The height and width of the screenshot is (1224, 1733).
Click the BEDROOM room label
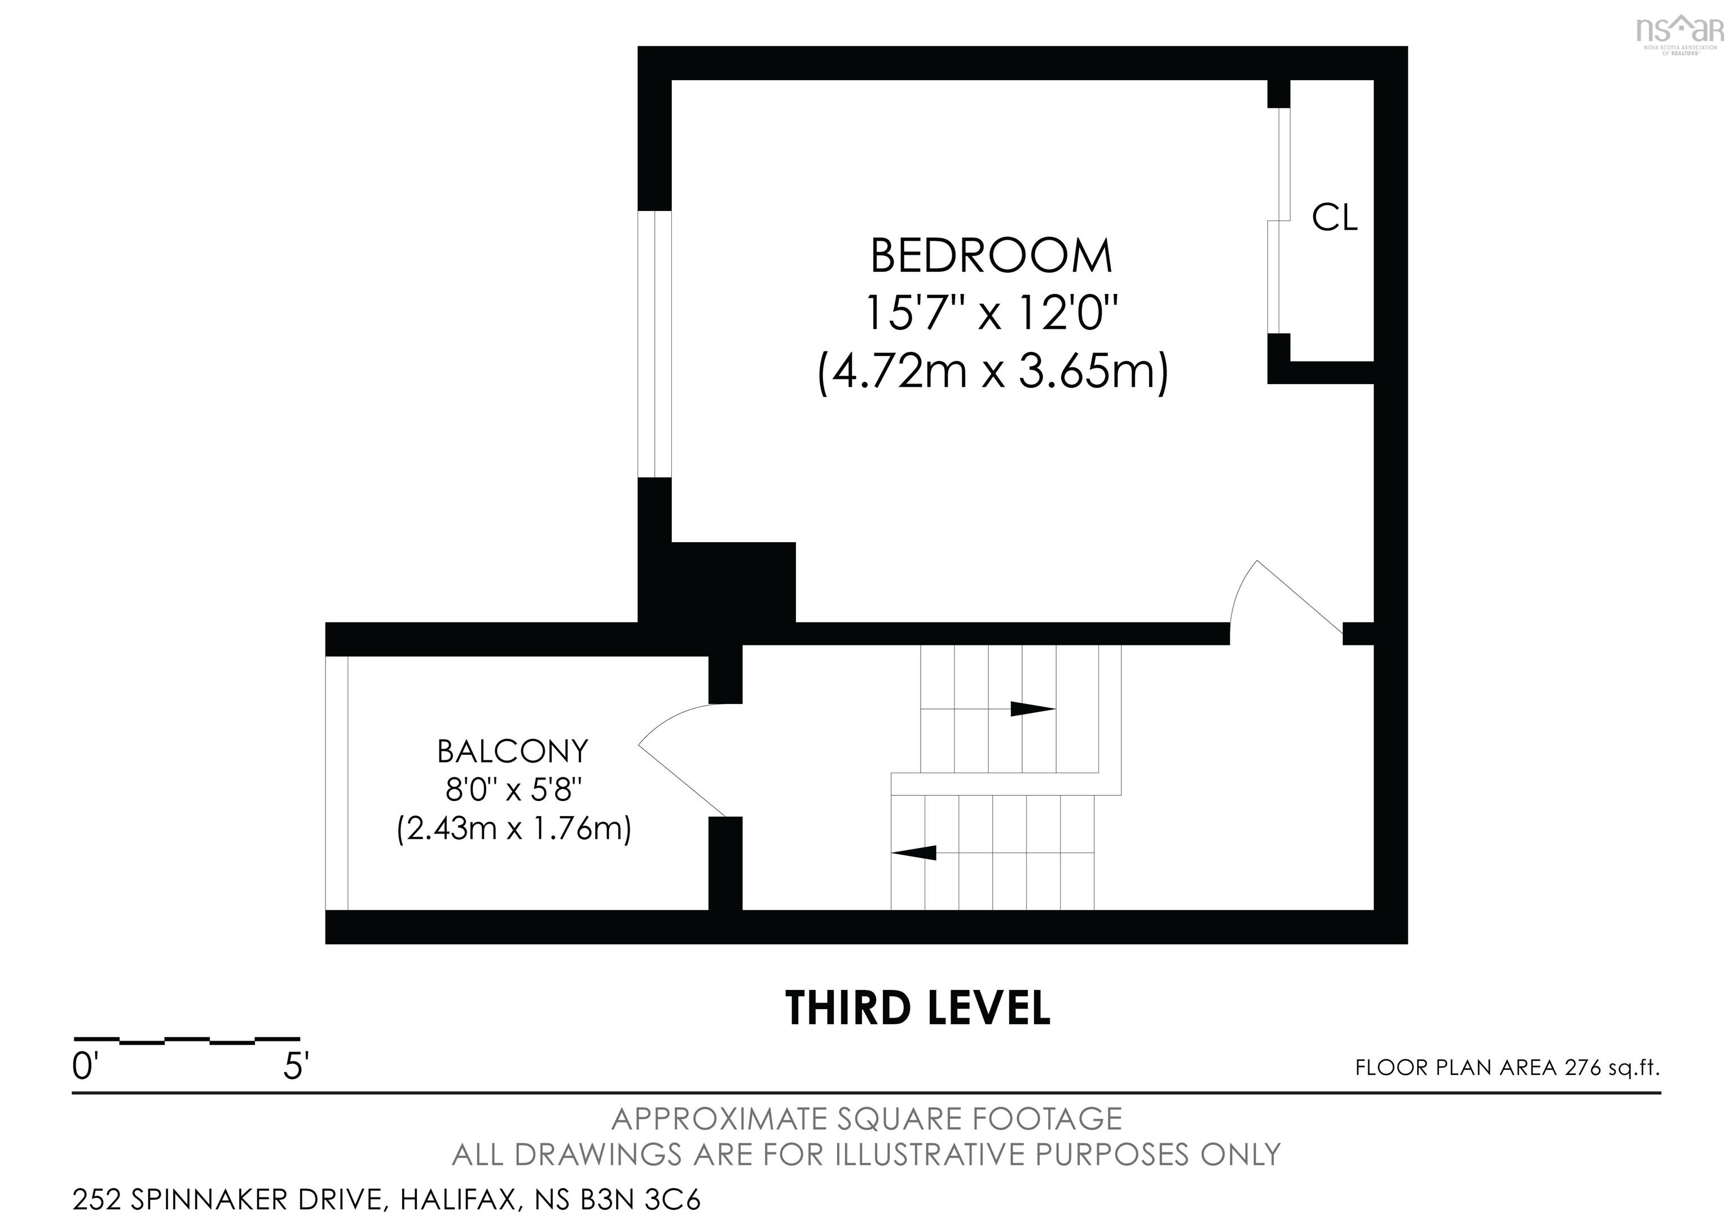click(x=991, y=256)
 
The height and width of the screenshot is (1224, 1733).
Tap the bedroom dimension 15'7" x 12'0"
click(x=991, y=312)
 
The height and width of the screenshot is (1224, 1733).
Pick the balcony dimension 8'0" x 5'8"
click(x=513, y=790)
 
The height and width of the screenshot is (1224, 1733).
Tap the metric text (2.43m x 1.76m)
click(x=514, y=829)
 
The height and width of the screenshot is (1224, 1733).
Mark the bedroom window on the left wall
click(x=654, y=344)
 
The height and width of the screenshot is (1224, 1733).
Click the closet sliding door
click(x=1279, y=221)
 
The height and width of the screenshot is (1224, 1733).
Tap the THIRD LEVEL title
click(x=917, y=1007)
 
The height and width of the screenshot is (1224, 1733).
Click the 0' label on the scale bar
click(x=85, y=1067)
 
